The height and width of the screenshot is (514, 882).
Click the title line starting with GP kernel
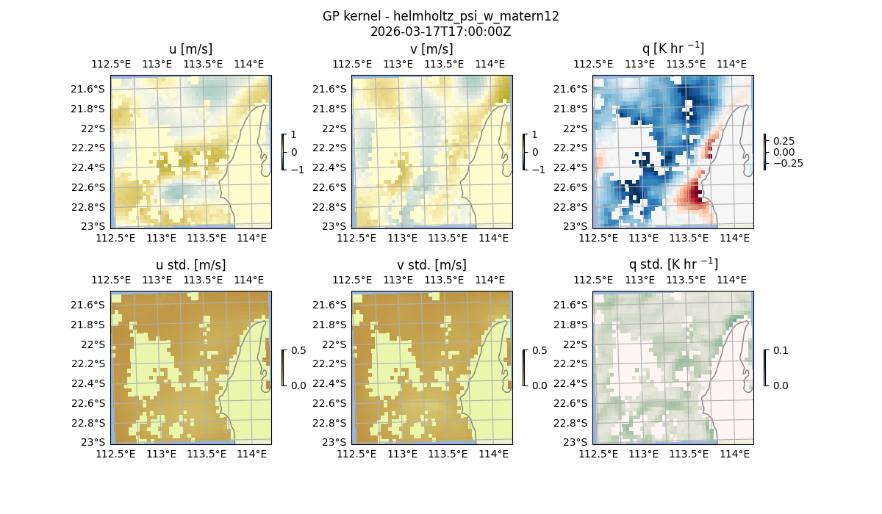tap(440, 16)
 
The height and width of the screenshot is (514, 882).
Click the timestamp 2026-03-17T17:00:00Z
tap(440, 32)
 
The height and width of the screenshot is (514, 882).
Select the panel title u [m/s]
tap(190, 49)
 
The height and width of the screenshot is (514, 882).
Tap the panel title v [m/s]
tap(431, 49)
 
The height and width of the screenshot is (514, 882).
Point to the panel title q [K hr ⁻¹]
tap(673, 49)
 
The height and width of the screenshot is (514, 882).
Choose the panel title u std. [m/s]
tap(190, 265)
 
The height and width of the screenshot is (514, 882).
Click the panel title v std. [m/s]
tap(431, 265)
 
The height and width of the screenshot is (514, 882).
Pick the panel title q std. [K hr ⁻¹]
tap(673, 264)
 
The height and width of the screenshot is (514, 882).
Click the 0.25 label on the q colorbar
tap(784, 141)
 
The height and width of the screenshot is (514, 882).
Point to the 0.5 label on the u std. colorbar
tap(299, 351)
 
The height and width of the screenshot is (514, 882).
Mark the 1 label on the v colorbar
tap(534, 135)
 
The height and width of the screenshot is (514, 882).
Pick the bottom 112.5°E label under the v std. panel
tap(355, 454)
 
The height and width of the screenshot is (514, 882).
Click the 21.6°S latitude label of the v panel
tap(333, 89)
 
